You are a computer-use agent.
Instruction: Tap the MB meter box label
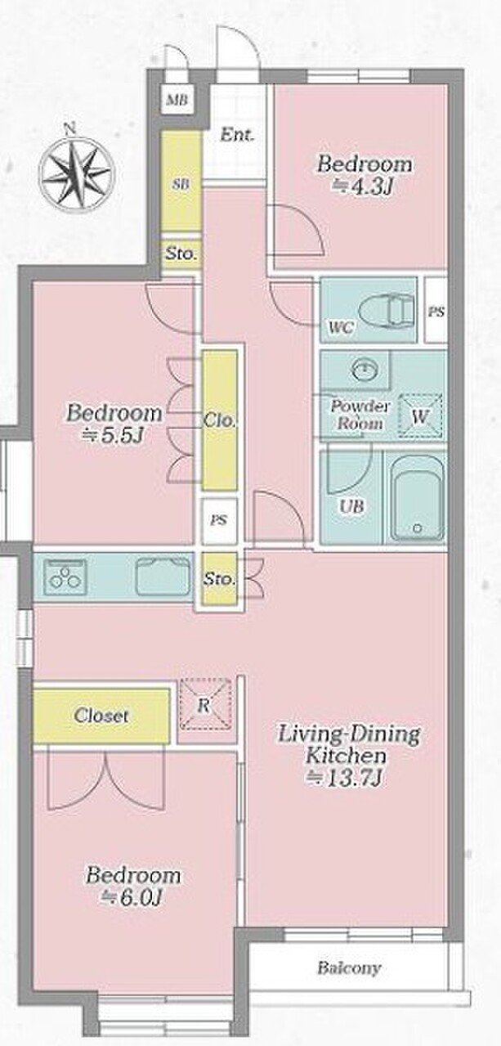coord(177,100)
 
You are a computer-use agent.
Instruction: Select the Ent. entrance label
coord(237,136)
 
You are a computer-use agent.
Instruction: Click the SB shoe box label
coord(181,184)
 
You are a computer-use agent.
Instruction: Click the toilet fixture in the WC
coord(387,308)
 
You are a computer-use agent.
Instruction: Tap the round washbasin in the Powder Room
coord(365,370)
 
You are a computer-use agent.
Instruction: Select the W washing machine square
coord(419,415)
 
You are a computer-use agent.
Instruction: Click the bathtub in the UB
coord(417,499)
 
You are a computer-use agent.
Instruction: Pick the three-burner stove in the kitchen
coord(65,577)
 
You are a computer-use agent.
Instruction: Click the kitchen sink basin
coord(163,577)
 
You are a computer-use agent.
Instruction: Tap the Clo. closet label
coord(219,420)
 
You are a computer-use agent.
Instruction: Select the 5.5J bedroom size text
coord(111,435)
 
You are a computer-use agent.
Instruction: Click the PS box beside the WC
coord(436,310)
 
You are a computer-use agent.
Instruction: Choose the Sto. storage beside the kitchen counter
coord(219,580)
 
